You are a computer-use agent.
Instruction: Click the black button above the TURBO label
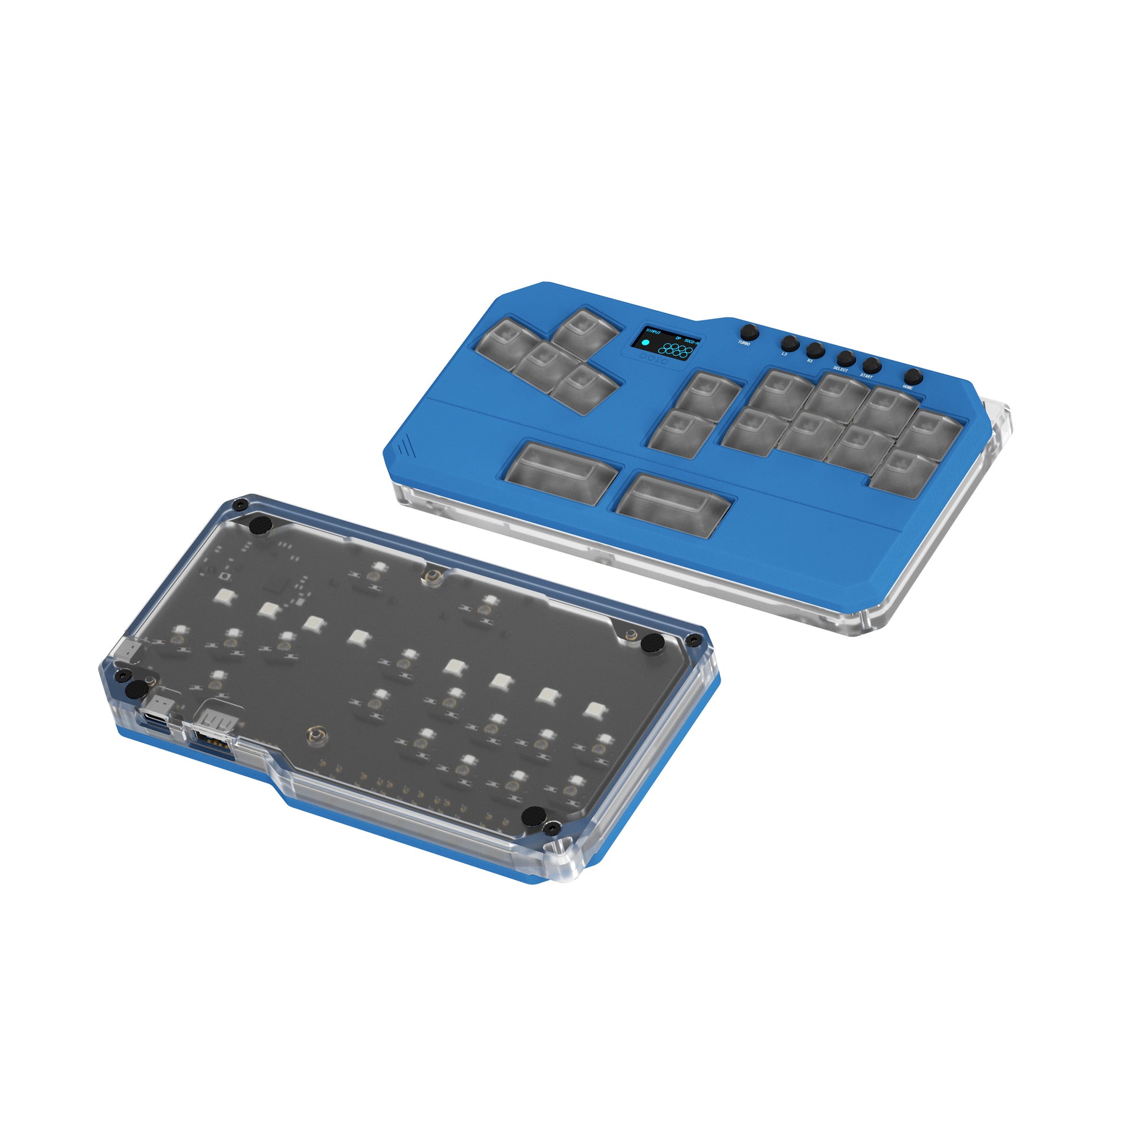[x=749, y=331]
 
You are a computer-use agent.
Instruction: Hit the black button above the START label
[x=872, y=364]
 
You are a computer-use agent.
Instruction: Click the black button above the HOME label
[x=913, y=376]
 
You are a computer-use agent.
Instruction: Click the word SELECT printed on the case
[x=840, y=369]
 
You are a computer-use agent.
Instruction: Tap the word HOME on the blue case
[x=908, y=387]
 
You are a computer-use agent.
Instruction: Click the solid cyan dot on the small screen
[x=646, y=343]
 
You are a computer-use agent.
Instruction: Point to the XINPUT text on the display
[x=653, y=331]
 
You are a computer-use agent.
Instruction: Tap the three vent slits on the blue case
[x=404, y=449]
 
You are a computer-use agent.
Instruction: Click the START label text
[x=866, y=375]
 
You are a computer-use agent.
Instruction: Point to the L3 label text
[x=784, y=354]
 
